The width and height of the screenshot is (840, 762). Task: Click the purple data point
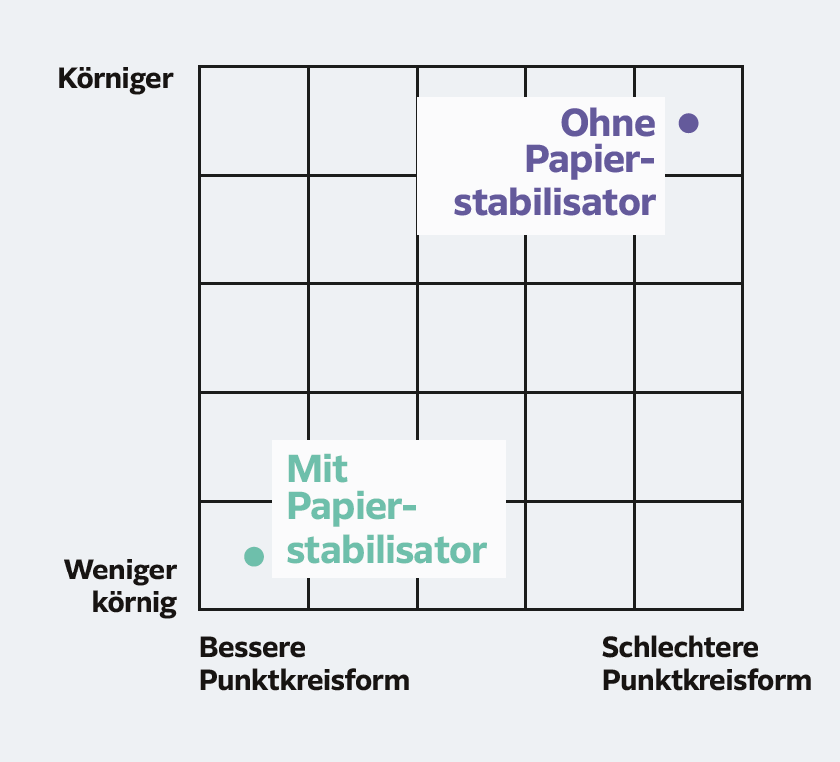[x=688, y=123]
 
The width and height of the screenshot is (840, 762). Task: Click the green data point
[x=254, y=556]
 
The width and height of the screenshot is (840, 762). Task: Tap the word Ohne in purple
[x=608, y=123]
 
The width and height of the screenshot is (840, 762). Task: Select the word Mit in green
[x=317, y=469]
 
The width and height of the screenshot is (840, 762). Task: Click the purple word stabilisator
[x=554, y=202]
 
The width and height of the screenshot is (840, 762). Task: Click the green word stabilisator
[x=387, y=550]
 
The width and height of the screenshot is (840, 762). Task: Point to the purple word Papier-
[x=590, y=161]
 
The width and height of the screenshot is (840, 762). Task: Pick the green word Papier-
[x=352, y=507]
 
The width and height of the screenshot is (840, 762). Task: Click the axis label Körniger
[x=116, y=80]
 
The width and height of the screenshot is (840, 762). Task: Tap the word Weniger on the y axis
[x=121, y=571]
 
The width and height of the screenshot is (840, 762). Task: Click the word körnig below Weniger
[x=135, y=603]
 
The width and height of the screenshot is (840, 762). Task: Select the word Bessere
[x=252, y=647]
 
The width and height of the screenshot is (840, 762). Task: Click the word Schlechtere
[x=681, y=647]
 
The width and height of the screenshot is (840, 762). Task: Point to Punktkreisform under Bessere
[x=304, y=681]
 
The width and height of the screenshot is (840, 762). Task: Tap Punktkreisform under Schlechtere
[x=706, y=681]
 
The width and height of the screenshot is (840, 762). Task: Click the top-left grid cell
[x=254, y=121]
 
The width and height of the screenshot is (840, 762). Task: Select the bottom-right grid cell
[x=689, y=556]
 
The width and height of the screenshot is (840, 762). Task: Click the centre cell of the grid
[x=471, y=338]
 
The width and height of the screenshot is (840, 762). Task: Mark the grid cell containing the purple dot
[x=689, y=121]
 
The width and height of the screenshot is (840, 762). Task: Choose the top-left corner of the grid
[x=200, y=67]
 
